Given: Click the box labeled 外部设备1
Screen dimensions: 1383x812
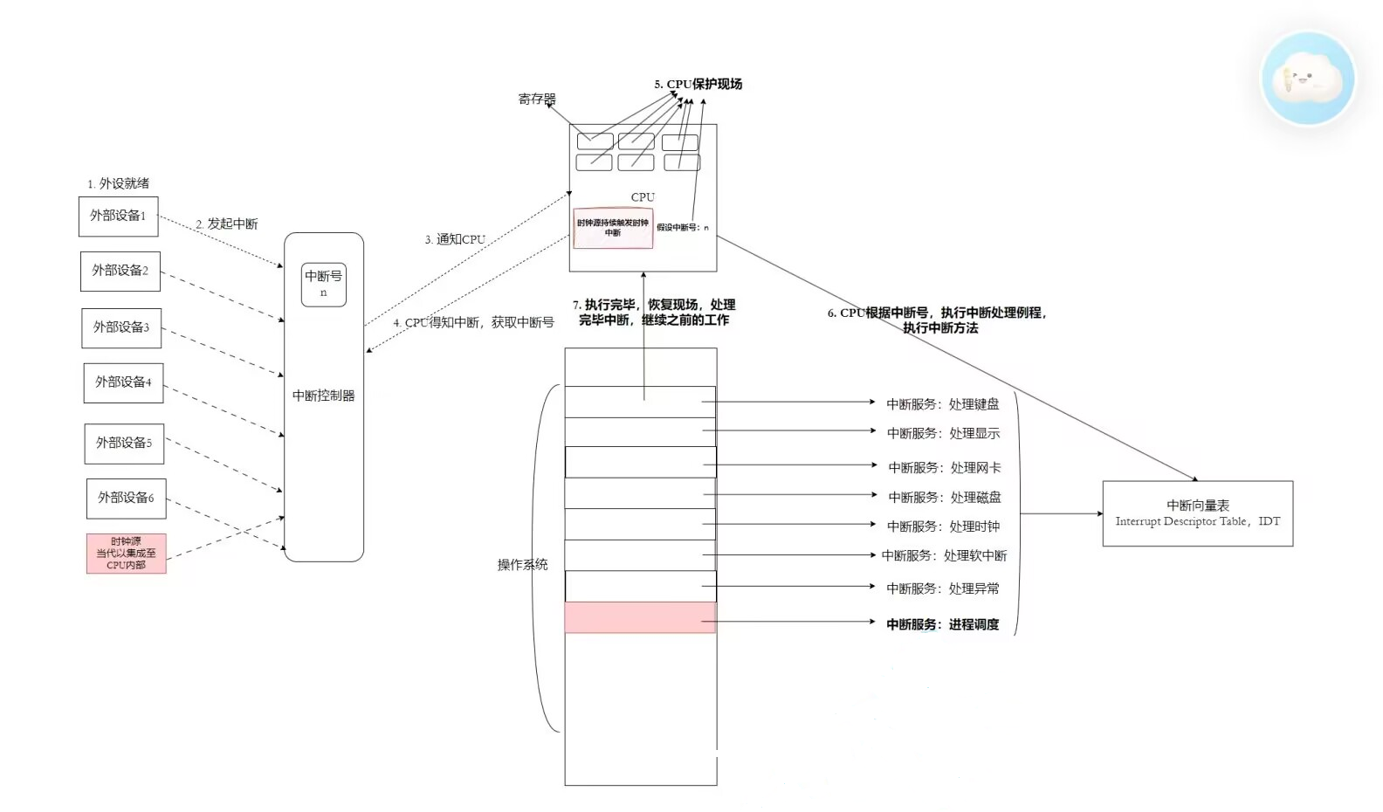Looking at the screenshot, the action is pos(118,216).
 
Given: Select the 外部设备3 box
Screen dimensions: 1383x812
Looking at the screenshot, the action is pos(121,327).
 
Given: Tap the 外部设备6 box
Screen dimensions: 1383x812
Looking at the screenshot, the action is pos(126,498).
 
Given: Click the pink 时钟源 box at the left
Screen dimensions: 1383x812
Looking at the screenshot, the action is pos(126,554).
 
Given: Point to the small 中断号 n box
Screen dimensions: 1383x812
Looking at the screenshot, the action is pos(323,284).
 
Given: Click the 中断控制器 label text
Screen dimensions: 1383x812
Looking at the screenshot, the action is pos(323,396).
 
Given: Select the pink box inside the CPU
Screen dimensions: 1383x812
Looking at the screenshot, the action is pos(612,228).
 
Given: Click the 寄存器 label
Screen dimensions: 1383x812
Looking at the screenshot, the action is pos(536,100).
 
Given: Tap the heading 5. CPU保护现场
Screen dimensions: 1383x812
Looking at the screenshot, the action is pos(698,84).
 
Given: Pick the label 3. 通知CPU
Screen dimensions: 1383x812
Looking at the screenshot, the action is pos(454,239).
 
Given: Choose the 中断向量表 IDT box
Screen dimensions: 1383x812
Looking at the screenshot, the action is pos(1197,513).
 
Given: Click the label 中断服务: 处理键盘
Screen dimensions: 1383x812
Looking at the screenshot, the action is pos(942,404).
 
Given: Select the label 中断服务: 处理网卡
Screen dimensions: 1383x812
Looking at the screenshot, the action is pos(944,468).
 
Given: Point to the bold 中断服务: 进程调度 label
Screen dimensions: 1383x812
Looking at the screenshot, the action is pos(942,624).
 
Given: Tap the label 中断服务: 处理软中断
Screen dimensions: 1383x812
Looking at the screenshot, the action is pos(944,555).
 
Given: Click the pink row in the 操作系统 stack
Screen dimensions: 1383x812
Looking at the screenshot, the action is pos(640,617).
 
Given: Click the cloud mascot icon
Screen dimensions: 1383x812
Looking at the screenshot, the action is pos(1307,79).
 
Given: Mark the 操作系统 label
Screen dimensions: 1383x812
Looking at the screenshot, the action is pos(522,565).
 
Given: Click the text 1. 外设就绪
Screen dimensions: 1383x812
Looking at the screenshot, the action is pos(118,183).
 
